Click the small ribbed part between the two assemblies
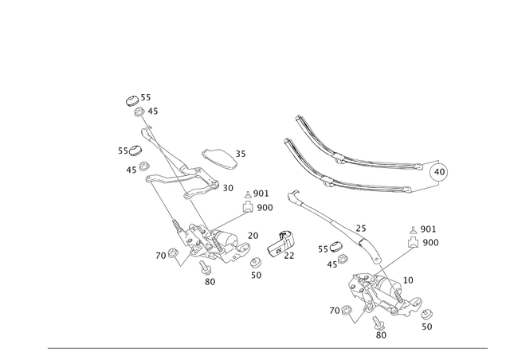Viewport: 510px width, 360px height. point(279,246)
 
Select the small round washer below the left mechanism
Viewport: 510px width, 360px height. point(256,262)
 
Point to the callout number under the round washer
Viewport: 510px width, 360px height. point(256,276)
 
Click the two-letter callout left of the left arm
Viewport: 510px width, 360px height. point(123,149)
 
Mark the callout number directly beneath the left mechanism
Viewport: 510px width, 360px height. point(210,281)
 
